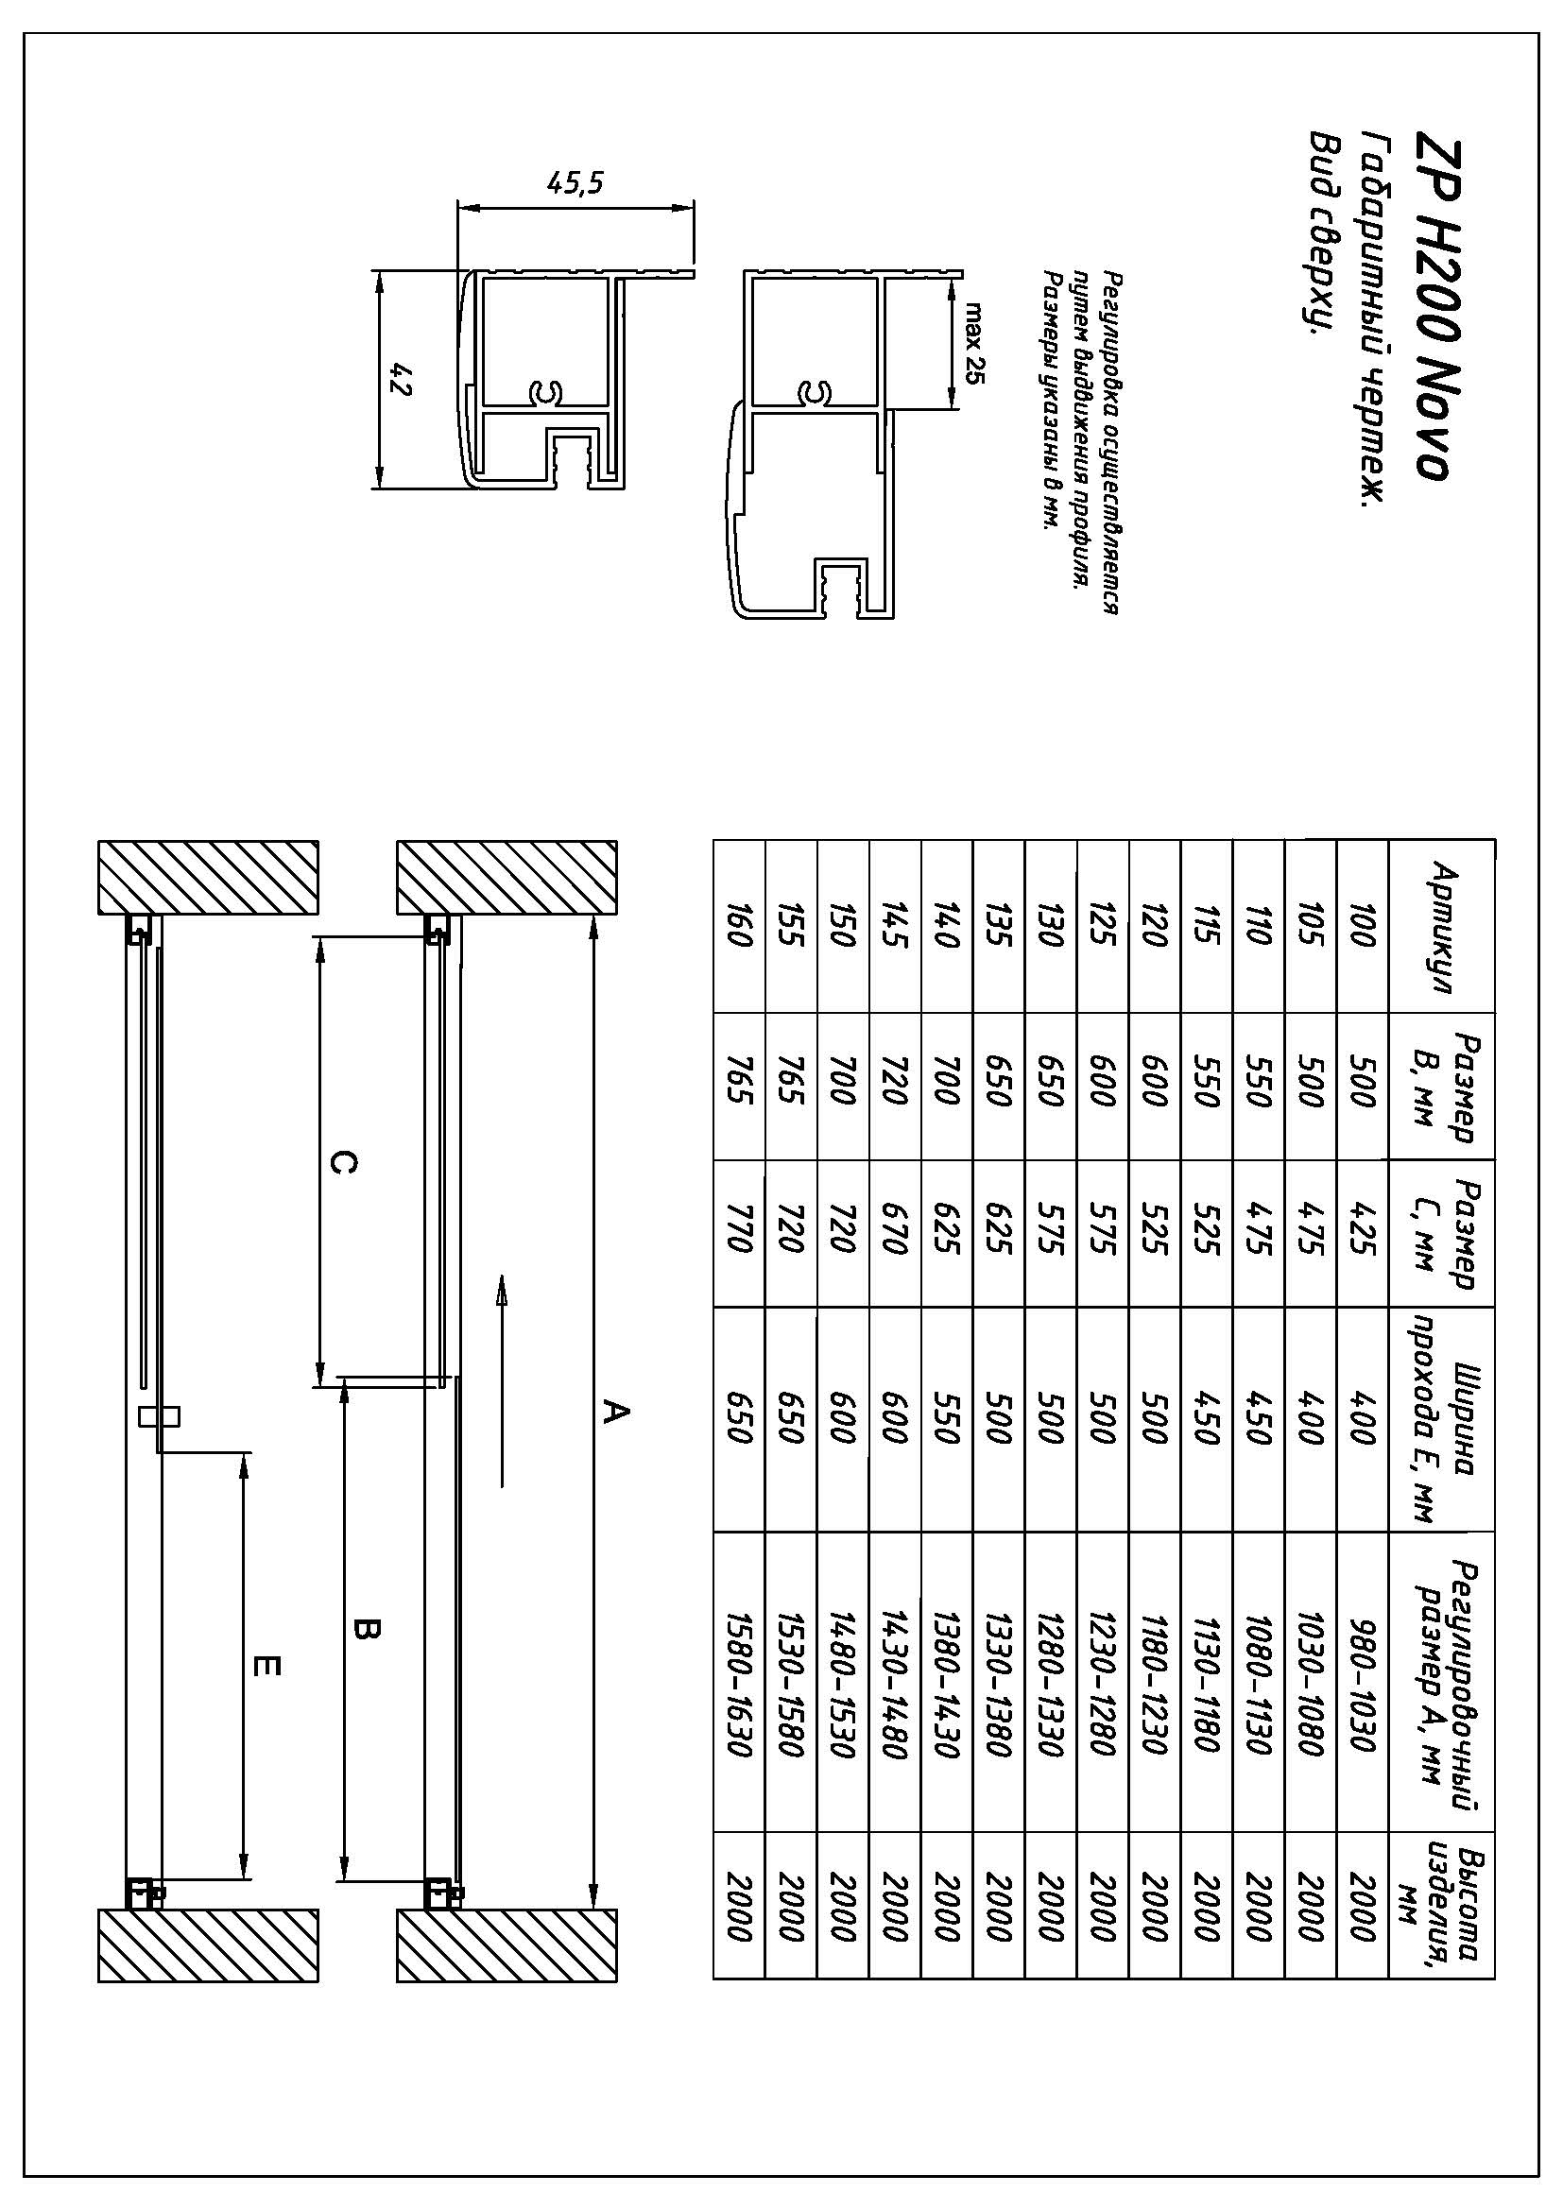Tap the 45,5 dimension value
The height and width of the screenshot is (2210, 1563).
(575, 182)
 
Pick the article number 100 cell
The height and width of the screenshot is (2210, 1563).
(1362, 927)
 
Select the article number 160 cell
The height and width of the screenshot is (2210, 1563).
(739, 927)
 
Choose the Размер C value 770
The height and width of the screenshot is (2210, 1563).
(739, 1234)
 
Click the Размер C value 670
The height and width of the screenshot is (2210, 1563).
(895, 1234)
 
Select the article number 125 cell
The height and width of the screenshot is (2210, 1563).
(1103, 927)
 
